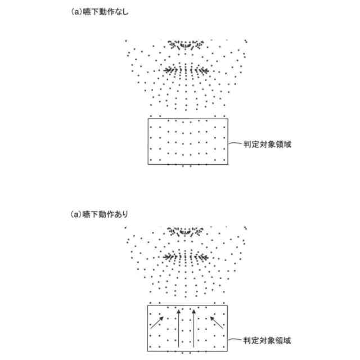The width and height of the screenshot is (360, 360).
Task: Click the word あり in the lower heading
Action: pyautogui.click(x=122, y=214)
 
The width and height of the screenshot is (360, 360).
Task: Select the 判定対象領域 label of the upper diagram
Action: pyautogui.click(x=267, y=144)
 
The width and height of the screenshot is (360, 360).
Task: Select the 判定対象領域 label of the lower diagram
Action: pyautogui.click(x=267, y=340)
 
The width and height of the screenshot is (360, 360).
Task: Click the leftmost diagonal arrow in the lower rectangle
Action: pyautogui.click(x=157, y=322)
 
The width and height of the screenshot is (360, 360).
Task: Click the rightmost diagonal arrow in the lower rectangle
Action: pyautogui.click(x=217, y=322)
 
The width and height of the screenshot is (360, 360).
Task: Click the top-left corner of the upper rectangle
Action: pyautogui.click(x=148, y=118)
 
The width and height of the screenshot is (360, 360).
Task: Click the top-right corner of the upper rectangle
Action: pyautogui.click(x=228, y=118)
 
